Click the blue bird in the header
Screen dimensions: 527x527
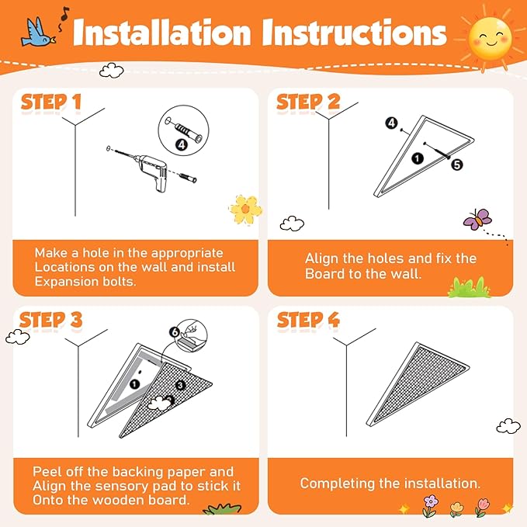tap(37, 33)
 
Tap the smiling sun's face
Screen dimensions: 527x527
tap(490, 39)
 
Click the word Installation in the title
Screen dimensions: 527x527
tap(162, 32)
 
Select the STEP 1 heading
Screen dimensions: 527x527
tap(51, 102)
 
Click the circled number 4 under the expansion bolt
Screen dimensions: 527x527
tap(182, 145)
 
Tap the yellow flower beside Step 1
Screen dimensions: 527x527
tap(245, 210)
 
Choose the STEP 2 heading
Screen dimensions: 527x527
tap(308, 102)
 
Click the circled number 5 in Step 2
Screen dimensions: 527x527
tap(456, 165)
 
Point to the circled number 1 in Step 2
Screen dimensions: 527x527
tap(418, 158)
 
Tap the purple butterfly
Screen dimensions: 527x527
tap(477, 219)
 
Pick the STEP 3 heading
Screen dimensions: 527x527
tap(50, 320)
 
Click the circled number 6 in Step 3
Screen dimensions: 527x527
tap(175, 332)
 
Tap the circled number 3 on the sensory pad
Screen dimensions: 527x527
tap(181, 385)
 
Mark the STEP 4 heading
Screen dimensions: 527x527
tap(308, 319)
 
